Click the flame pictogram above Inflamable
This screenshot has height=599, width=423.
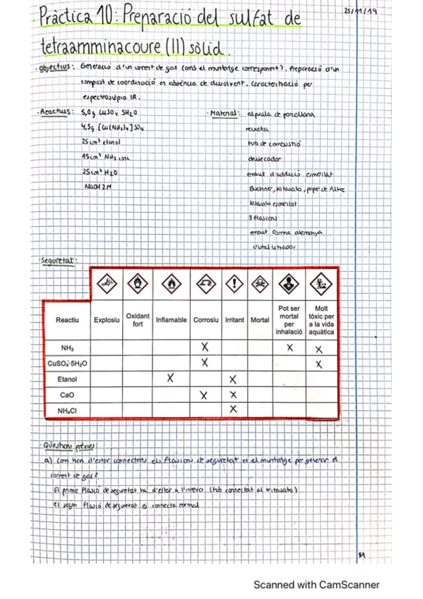click(171, 285)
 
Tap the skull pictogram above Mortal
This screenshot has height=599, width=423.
click(260, 285)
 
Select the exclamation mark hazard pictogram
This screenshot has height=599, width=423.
click(234, 285)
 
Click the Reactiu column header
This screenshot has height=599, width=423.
click(67, 320)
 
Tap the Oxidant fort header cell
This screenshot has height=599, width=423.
click(138, 320)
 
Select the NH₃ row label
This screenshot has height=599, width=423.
click(67, 348)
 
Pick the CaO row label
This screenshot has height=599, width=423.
click(67, 395)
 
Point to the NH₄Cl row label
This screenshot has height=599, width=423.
click(67, 410)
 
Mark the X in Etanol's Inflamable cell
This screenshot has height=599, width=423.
click(170, 378)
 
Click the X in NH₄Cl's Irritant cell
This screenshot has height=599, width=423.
click(233, 410)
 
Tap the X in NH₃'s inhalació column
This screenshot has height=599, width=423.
click(290, 348)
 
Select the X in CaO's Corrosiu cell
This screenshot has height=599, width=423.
click(204, 395)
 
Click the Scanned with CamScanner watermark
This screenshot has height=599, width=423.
click(316, 585)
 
